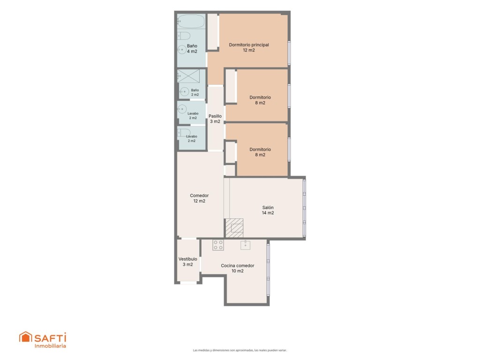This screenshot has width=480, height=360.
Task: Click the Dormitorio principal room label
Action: pos(249,47)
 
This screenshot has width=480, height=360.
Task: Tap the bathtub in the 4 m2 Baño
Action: pos(191,22)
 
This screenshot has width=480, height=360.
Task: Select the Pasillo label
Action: pos(215,119)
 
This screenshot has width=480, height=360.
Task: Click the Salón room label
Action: pos(268,210)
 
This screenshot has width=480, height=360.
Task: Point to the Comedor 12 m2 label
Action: pos(199,198)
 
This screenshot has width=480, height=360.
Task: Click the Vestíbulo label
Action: pos(187,262)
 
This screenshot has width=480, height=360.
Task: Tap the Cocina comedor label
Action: pos(238,268)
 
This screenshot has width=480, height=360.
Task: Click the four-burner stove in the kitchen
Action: pos(218,245)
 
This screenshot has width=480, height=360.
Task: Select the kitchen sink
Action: pos(245,245)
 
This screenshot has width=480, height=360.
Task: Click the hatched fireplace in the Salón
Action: pos(234,228)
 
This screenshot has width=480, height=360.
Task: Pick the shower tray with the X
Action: pos(188,76)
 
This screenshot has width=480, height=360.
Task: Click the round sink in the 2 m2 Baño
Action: pos(184,91)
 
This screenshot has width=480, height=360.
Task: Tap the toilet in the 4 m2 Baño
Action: pos(183,36)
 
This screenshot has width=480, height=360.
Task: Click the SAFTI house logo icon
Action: pos(25,337)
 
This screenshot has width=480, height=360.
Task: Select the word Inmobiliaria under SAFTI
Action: pos(50,346)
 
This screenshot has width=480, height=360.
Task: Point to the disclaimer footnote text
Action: pos(240,350)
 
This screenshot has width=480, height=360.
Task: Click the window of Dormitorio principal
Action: pos(289,53)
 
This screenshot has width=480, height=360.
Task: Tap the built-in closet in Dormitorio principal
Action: pos(212,31)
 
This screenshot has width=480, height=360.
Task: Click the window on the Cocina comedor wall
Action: pos(268,270)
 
